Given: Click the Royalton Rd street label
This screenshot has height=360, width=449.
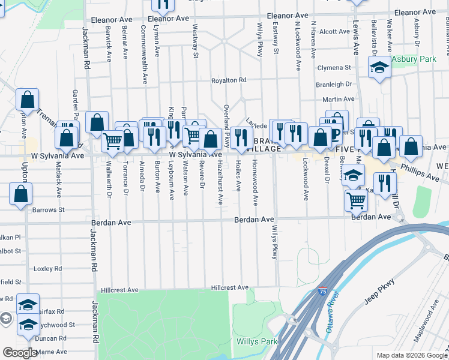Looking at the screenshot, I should tap(229, 80).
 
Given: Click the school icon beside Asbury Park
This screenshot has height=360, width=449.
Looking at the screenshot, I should tap(379, 68).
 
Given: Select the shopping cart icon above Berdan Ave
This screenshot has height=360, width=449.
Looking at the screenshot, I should tap(357, 200).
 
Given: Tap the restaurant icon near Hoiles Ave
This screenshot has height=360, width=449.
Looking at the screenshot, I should tap(241, 137).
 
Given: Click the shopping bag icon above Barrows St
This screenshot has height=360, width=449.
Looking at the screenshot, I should tap(21, 194).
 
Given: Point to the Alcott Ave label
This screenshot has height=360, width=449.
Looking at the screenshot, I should tap(334, 32).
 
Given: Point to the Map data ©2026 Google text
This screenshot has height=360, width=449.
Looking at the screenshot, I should tap(411, 355).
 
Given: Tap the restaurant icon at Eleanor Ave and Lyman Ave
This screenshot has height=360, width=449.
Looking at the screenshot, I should tap(162, 5).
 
